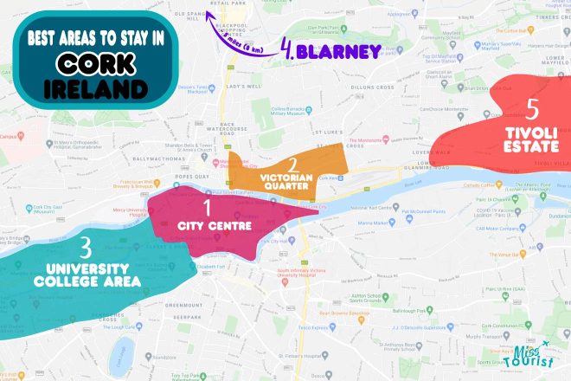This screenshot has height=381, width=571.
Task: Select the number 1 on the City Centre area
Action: point(207,207)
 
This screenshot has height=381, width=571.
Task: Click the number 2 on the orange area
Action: point(293,165)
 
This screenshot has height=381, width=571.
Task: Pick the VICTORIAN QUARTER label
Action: point(294,183)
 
